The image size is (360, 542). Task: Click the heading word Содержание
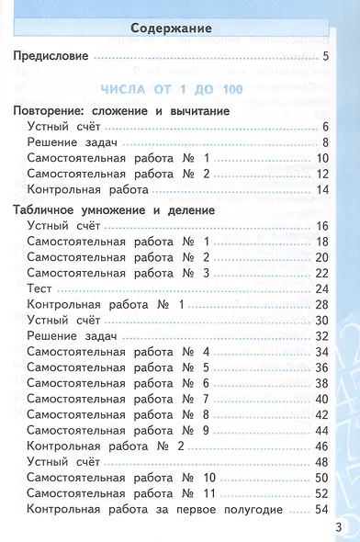(x=172, y=29)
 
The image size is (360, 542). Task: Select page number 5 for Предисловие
(x=326, y=59)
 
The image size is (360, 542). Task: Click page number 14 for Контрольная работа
(x=322, y=189)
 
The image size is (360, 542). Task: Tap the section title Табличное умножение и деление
(x=115, y=210)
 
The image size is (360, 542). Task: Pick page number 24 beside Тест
(x=321, y=289)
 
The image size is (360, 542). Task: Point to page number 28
(x=321, y=305)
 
